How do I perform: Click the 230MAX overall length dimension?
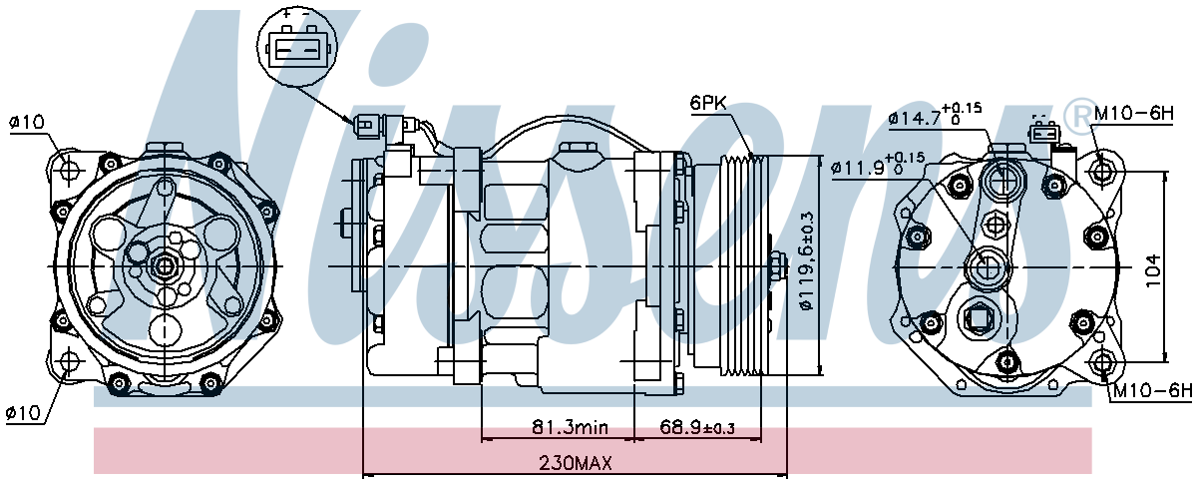575,463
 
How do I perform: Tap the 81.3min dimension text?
570,427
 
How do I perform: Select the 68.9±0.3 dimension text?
697,427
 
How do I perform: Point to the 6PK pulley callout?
708,102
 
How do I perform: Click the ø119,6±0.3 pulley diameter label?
807,261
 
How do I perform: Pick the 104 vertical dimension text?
1153,269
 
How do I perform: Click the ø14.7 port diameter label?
935,115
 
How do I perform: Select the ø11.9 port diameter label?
878,166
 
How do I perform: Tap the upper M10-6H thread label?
1133,113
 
